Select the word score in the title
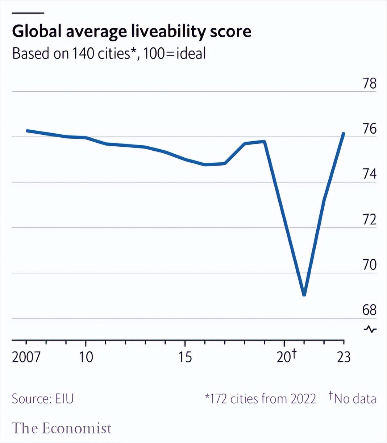point(231,32)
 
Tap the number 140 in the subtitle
point(83,53)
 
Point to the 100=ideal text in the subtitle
point(175,53)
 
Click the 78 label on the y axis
point(370,84)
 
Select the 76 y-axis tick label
point(370,129)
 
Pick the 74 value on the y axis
point(370,174)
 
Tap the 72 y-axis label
point(370,220)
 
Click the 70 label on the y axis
point(370,265)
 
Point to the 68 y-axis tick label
point(370,310)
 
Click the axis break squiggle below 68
point(370,329)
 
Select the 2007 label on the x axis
point(26,357)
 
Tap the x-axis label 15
point(185,357)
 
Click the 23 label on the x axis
point(344,357)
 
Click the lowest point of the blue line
point(304,294)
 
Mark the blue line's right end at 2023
point(344,133)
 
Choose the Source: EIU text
point(43,399)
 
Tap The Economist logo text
point(62,428)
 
